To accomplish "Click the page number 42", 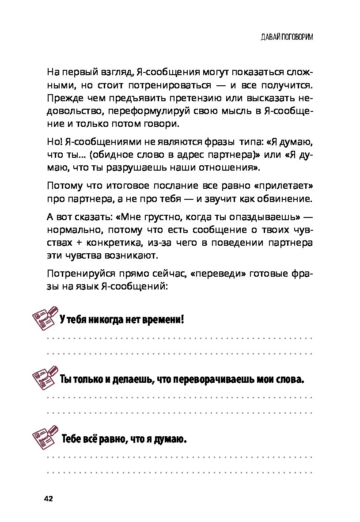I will click(48, 499).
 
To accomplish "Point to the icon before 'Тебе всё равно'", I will click(46, 438).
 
